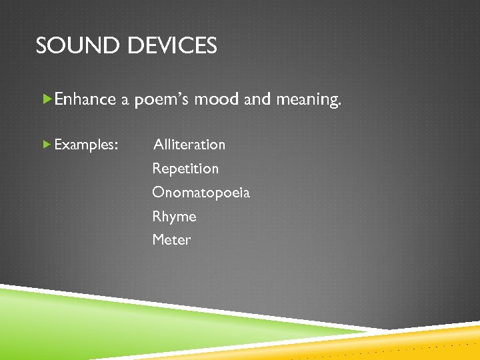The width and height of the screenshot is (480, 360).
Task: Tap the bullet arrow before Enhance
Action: (x=47, y=99)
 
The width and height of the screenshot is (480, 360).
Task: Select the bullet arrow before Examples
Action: (x=47, y=144)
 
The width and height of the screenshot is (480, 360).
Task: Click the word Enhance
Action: (x=85, y=99)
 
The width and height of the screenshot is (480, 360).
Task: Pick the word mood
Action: (x=217, y=99)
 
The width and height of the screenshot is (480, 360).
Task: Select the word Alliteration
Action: (x=189, y=145)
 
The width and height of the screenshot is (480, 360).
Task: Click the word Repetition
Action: (x=185, y=169)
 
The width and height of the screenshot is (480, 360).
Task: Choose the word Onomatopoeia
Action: (x=201, y=193)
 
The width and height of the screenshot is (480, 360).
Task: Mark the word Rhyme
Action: (x=174, y=217)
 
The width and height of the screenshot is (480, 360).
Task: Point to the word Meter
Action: (x=171, y=240)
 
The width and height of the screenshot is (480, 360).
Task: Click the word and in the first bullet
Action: (x=257, y=99)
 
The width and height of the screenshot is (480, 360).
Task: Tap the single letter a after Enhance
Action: (x=125, y=101)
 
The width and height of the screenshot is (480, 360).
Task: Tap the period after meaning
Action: (x=339, y=105)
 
